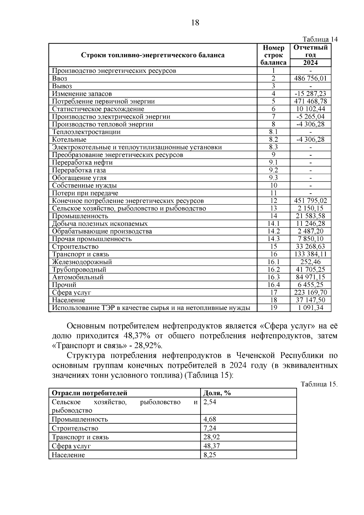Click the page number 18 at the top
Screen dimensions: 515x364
click(x=195, y=22)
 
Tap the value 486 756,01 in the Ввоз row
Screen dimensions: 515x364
click(x=310, y=78)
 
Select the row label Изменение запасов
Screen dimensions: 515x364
click(x=82, y=94)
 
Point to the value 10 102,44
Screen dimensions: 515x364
click(x=310, y=109)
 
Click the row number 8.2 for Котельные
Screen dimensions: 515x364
click(x=273, y=140)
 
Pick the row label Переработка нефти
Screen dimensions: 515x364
click(x=82, y=162)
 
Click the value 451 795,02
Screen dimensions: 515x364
click(x=310, y=201)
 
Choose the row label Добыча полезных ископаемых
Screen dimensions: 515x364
click(x=100, y=224)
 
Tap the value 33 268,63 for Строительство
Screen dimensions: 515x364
click(x=310, y=246)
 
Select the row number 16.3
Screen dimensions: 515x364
click(x=273, y=277)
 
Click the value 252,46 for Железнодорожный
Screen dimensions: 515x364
click(x=310, y=262)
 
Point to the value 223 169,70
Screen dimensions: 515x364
click(x=310, y=292)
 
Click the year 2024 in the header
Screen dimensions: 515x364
click(x=310, y=63)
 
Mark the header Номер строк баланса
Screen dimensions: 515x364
click(x=273, y=55)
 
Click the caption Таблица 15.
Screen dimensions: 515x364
click(x=319, y=384)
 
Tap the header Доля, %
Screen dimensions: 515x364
click(x=217, y=393)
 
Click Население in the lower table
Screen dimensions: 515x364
click(x=68, y=455)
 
